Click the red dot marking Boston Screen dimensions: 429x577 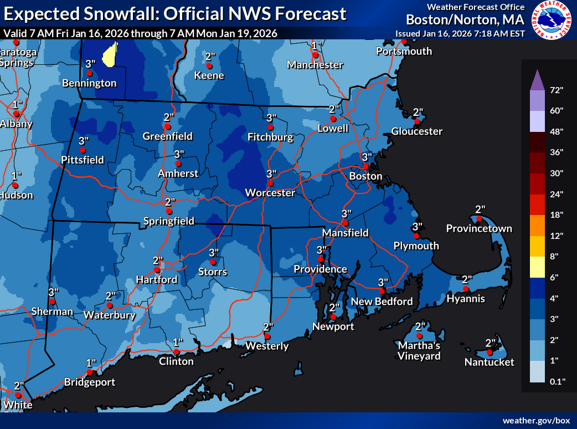pos(365,167)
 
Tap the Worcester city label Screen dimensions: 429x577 pos(270,193)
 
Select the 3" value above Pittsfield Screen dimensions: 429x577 pos(84,141)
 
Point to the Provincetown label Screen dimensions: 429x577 pos(479,228)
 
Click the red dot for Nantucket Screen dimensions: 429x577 pos(490,353)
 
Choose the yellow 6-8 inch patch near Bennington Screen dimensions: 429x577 pos(111,54)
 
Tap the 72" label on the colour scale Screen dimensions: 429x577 pos(557,90)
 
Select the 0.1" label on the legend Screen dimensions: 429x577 pos(557,381)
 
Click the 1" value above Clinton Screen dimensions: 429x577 pos(178,342)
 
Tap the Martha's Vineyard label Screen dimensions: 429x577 pos(419,351)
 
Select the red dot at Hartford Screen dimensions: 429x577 pos(157,270)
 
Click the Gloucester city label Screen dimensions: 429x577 pos(417,131)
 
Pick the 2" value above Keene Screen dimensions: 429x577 pos(210,57)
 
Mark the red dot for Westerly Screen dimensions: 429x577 pos(267,336)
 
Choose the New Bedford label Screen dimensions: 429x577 pos(382,302)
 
